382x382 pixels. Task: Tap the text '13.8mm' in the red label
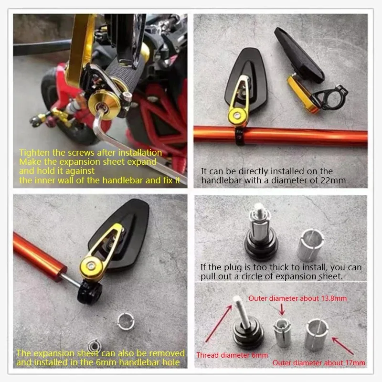click(333, 298)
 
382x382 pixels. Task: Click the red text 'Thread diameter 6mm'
click(232, 355)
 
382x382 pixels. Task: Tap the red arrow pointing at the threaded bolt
click(219, 323)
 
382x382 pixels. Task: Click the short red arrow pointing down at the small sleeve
click(282, 309)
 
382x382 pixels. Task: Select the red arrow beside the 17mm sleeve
click(343, 346)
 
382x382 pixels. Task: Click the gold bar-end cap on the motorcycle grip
click(104, 104)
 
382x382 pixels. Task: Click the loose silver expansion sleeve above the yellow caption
click(126, 321)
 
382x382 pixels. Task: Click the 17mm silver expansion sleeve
click(317, 335)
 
